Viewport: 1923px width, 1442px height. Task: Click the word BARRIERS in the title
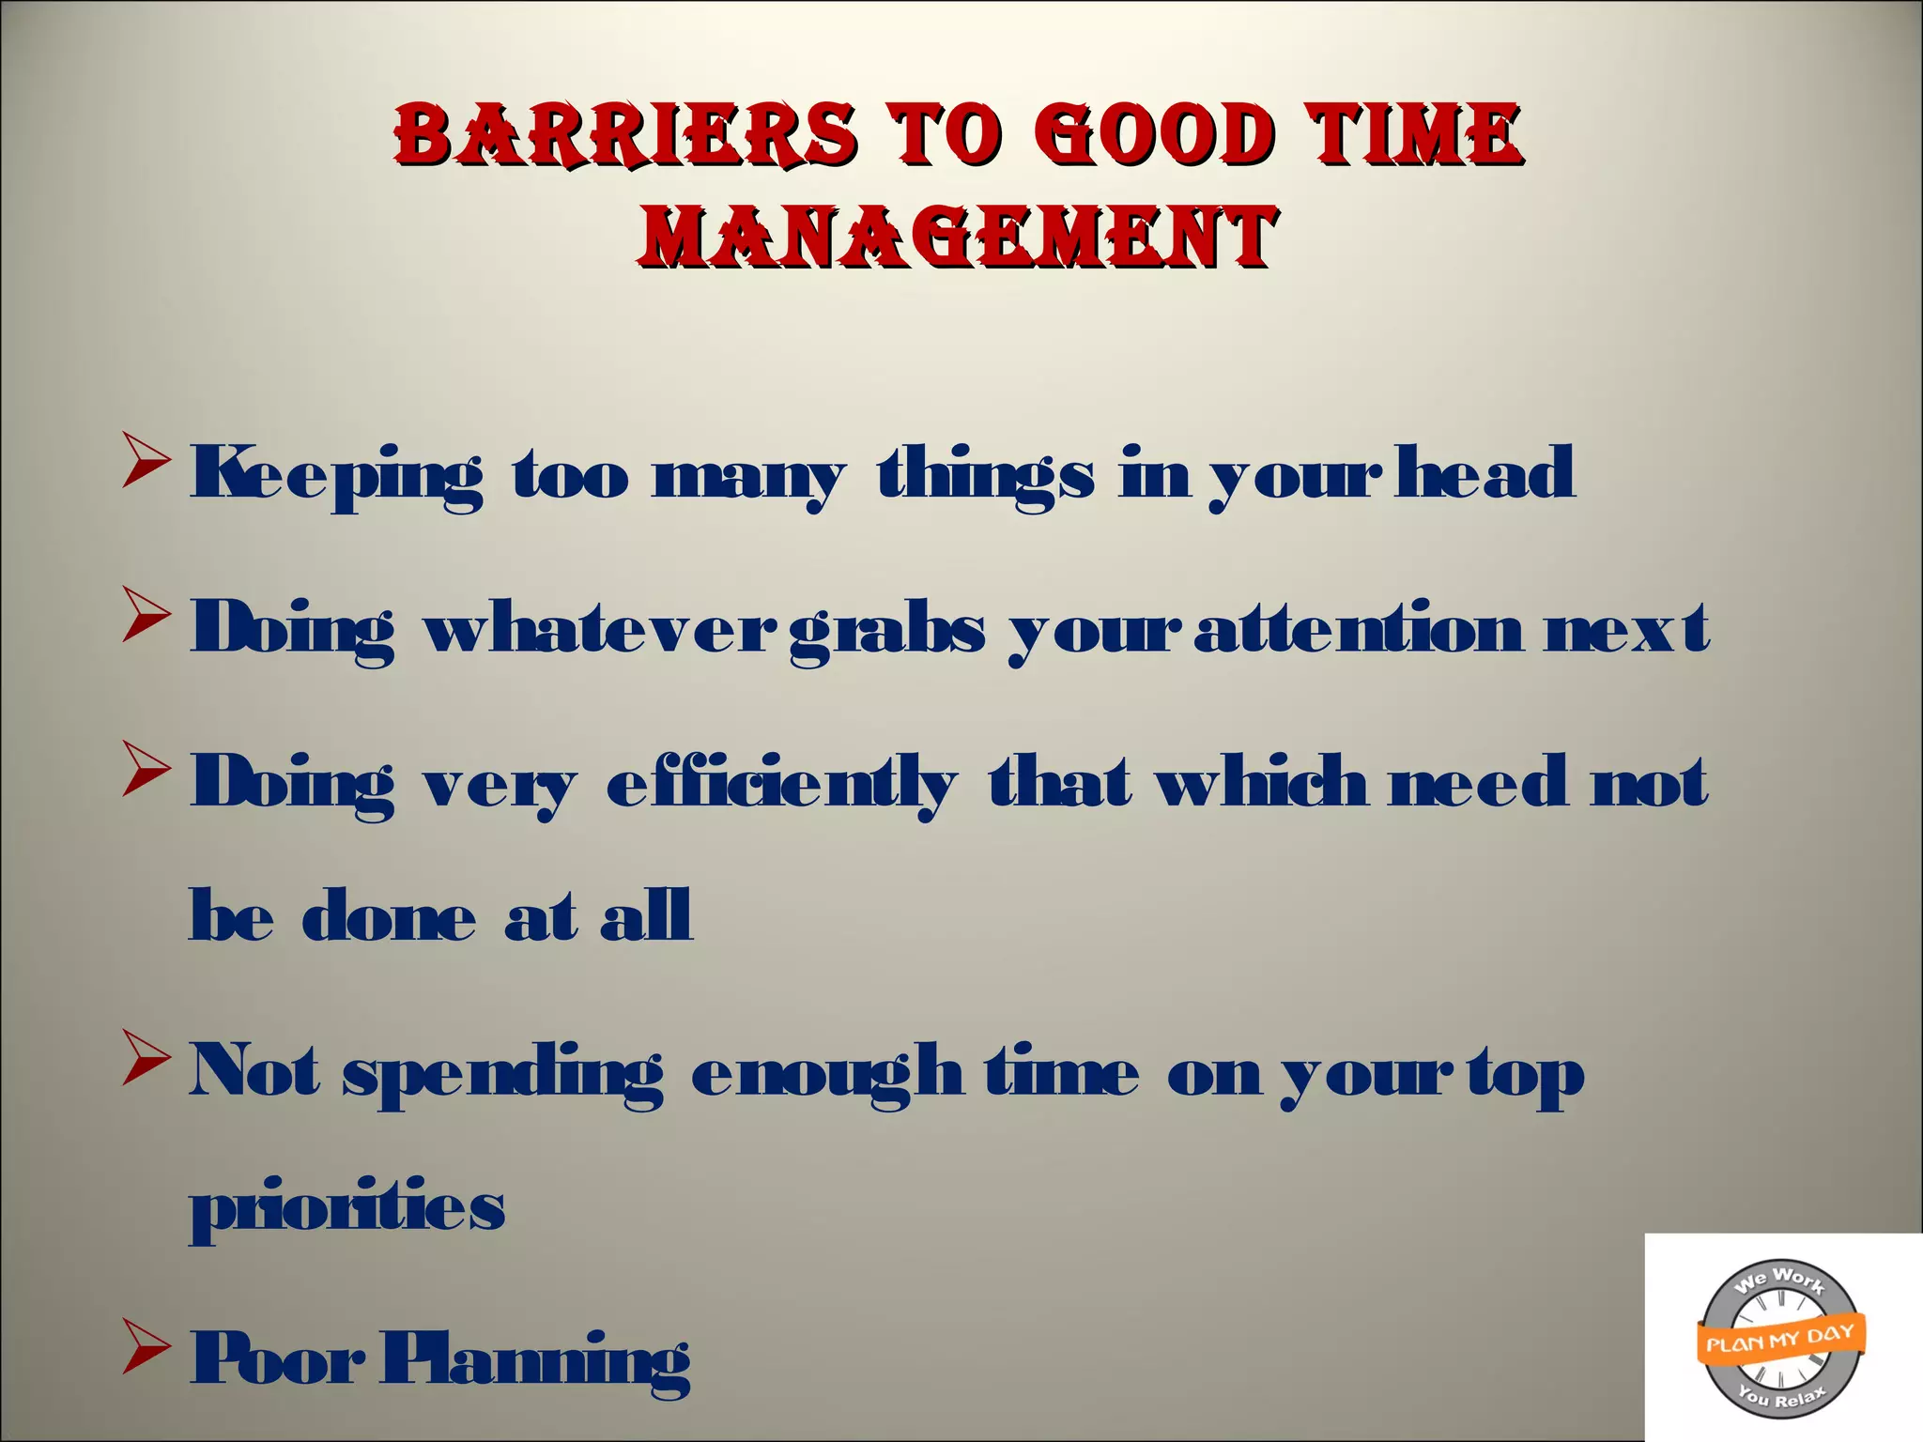pyautogui.click(x=625, y=133)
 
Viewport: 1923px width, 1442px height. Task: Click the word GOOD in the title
pyautogui.click(x=1157, y=133)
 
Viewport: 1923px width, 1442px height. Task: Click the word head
pyautogui.click(x=1485, y=472)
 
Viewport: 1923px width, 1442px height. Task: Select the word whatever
pyautogui.click(x=602, y=627)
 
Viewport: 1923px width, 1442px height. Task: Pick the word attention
pyautogui.click(x=1359, y=627)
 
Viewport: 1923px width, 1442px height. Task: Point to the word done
pyautogui.click(x=389, y=915)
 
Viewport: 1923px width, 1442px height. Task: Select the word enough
pyautogui.click(x=826, y=1072)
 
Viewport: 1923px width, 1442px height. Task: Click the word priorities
pyautogui.click(x=347, y=1208)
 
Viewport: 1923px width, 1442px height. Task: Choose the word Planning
pyautogui.click(x=535, y=1359)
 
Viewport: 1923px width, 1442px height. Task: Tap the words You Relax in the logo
pyautogui.click(x=1781, y=1399)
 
